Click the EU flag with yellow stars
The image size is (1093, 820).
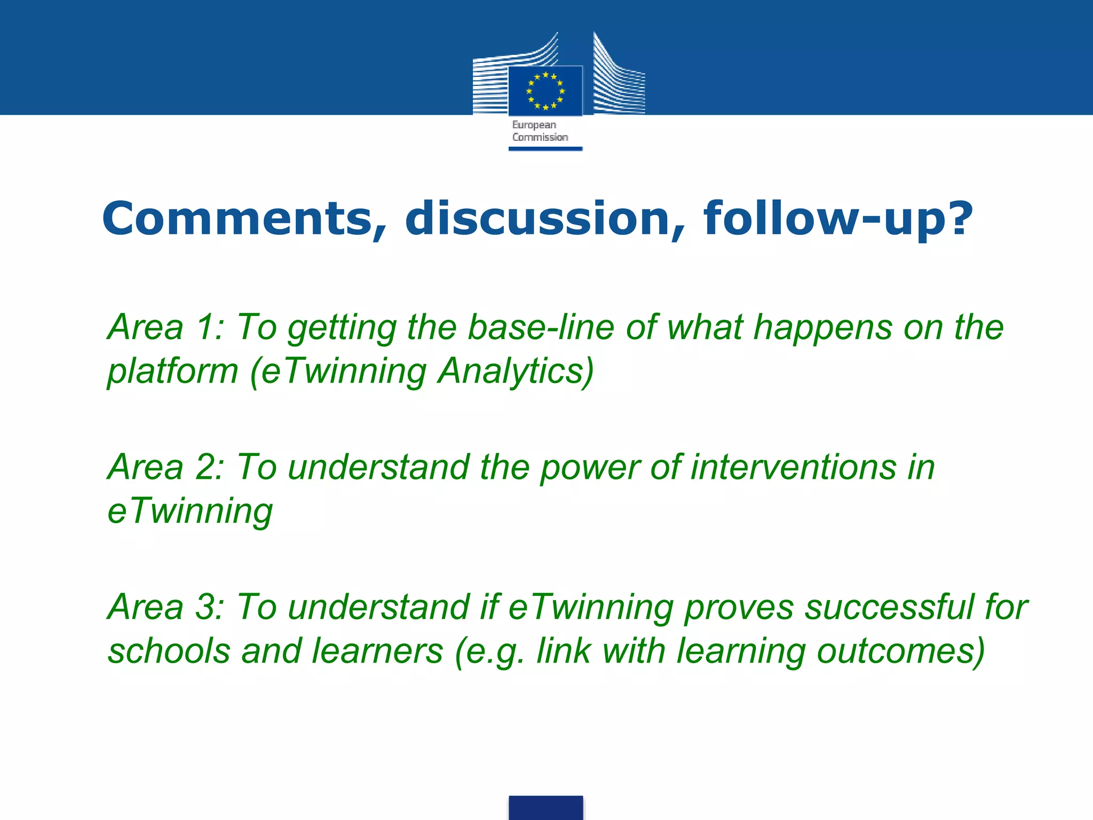545,90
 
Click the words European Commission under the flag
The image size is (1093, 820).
540,131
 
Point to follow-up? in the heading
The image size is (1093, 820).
838,218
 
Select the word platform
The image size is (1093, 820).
172,372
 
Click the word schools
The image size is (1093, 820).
169,651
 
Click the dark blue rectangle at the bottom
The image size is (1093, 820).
545,807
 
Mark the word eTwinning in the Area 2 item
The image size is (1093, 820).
190,511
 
